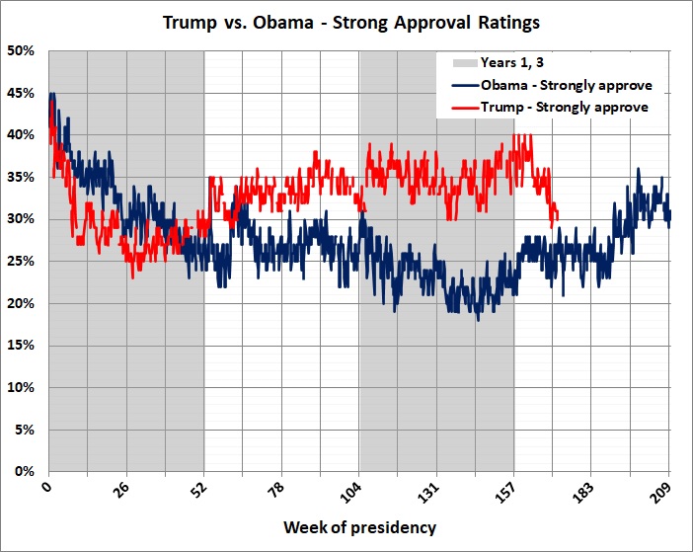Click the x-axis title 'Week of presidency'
point(359,527)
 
